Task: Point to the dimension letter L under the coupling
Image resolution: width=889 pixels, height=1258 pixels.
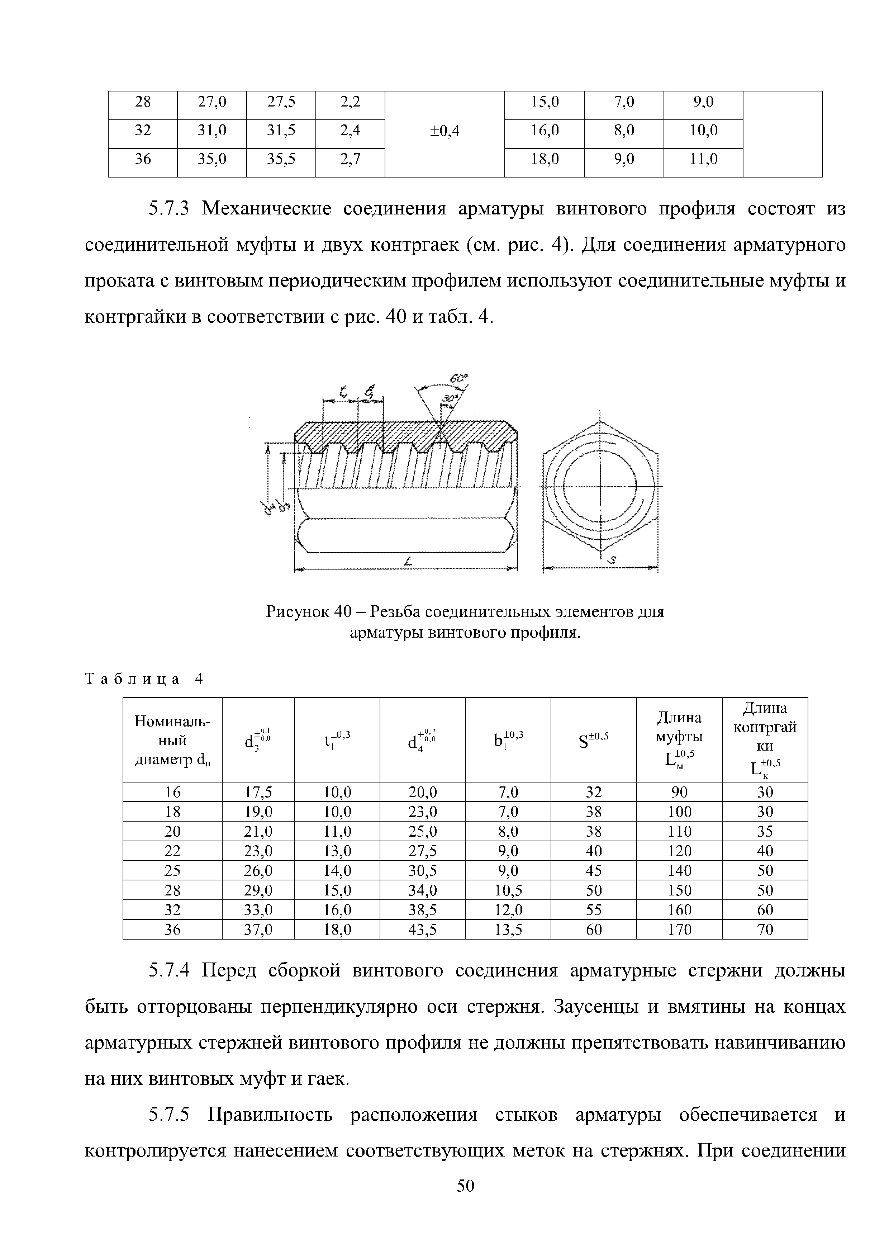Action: coord(408,562)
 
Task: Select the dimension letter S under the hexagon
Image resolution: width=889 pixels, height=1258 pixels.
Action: coord(612,560)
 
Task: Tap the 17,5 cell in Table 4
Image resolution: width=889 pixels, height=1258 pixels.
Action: coord(258,792)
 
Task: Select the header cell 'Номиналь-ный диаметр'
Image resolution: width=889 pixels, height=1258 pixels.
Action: coord(172,740)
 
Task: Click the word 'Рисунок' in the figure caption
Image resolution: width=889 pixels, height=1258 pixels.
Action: coord(298,611)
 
